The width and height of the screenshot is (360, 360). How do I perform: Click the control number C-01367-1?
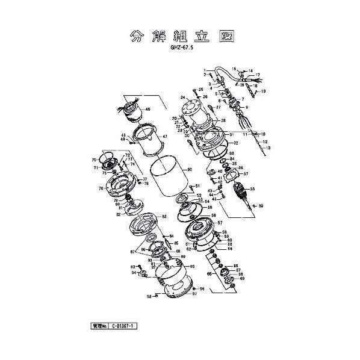124,326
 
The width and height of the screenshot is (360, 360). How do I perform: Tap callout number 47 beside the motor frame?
164,137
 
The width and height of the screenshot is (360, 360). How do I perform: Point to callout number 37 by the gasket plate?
246,175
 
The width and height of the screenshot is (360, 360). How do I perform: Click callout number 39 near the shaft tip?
261,206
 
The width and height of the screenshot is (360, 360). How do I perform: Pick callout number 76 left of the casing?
101,188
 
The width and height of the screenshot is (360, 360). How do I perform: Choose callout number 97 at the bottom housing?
195,294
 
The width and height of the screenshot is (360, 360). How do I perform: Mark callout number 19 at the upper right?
262,92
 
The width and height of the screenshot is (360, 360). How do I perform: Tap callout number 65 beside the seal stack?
209,273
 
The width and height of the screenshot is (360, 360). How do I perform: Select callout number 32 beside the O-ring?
236,143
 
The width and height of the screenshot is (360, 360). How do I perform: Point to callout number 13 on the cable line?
268,148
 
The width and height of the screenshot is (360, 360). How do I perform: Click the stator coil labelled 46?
133,113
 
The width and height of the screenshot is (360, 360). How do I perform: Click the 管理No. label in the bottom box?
96,326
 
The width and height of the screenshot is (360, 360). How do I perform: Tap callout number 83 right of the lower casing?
164,216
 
